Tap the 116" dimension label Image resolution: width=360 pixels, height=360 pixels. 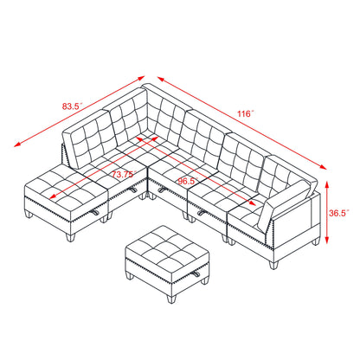coord(246,113)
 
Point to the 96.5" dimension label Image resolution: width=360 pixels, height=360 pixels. coord(186,182)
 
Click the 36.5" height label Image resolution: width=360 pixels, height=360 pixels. coord(339,213)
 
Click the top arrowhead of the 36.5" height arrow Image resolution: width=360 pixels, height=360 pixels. coord(327,183)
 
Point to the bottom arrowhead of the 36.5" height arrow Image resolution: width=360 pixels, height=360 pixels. coord(327,241)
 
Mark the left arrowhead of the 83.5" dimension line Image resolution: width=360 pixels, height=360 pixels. coord(16,145)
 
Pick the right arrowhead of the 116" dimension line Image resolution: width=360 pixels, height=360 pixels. coord(324,167)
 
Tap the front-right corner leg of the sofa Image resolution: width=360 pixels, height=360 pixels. coord(273,265)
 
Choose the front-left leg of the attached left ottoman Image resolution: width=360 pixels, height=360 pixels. coord(69,237)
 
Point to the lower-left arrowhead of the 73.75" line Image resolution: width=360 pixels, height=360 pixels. coord(53,196)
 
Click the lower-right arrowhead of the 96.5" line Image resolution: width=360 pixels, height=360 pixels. coord(253,203)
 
